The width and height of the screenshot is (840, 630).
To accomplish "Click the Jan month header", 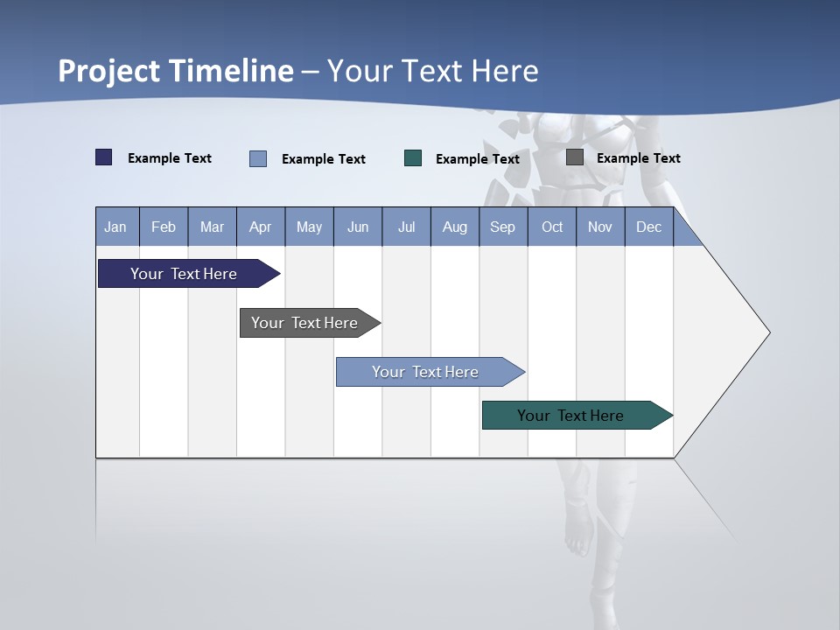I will pos(115,227).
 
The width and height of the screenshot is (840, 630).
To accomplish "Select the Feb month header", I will pos(164,227).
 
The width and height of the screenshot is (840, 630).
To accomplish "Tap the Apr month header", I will pos(260,227).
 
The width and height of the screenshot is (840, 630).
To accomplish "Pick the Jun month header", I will pos(358,227).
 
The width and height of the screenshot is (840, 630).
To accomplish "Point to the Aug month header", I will pos(454,227).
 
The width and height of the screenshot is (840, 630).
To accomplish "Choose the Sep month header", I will pos(502,227).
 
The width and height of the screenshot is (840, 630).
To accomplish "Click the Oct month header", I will pos(552,227).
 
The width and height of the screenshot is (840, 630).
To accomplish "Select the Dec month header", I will pos(648,227).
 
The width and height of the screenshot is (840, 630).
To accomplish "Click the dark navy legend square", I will pos(104,157).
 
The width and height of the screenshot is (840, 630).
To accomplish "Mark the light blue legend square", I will pos(258,158).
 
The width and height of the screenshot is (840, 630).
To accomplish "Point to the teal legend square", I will pos(413,158).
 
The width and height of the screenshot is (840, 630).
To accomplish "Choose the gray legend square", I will pos(575,157).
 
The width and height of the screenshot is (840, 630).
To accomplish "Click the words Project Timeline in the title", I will pos(176,71).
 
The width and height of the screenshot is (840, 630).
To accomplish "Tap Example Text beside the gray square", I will pos(638,158).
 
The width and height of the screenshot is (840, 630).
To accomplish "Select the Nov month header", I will pos(600,227).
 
